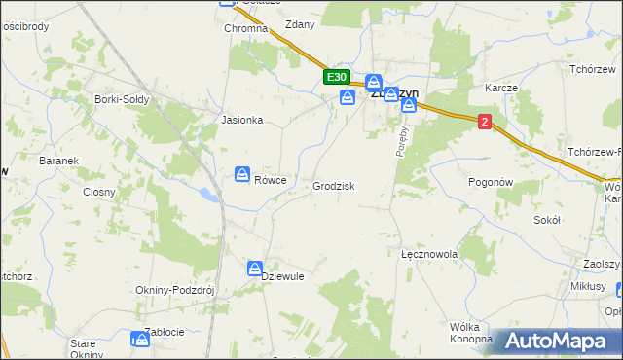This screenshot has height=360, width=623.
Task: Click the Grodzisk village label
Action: coord(333,186)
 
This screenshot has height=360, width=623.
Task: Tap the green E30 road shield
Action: coord(336,77)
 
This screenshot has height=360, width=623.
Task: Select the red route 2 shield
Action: coord(485,120)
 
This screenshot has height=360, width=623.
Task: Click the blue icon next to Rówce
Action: coord(241,174)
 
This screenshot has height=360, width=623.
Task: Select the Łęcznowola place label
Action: coord(429,254)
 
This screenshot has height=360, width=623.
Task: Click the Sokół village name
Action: coord(547,221)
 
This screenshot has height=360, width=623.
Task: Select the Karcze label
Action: coord(500,88)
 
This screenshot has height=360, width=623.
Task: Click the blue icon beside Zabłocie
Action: coord(140,338)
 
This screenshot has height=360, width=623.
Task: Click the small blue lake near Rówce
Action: coord(208,195)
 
